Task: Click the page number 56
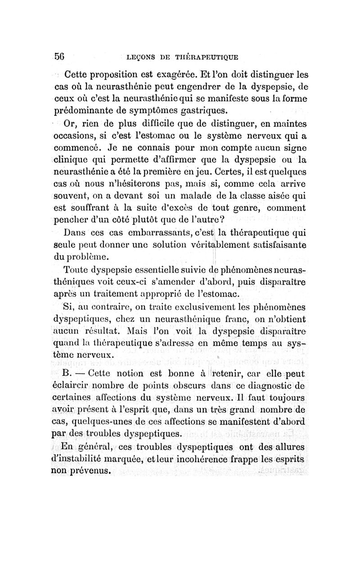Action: tap(59, 57)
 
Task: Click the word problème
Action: tap(87, 257)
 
